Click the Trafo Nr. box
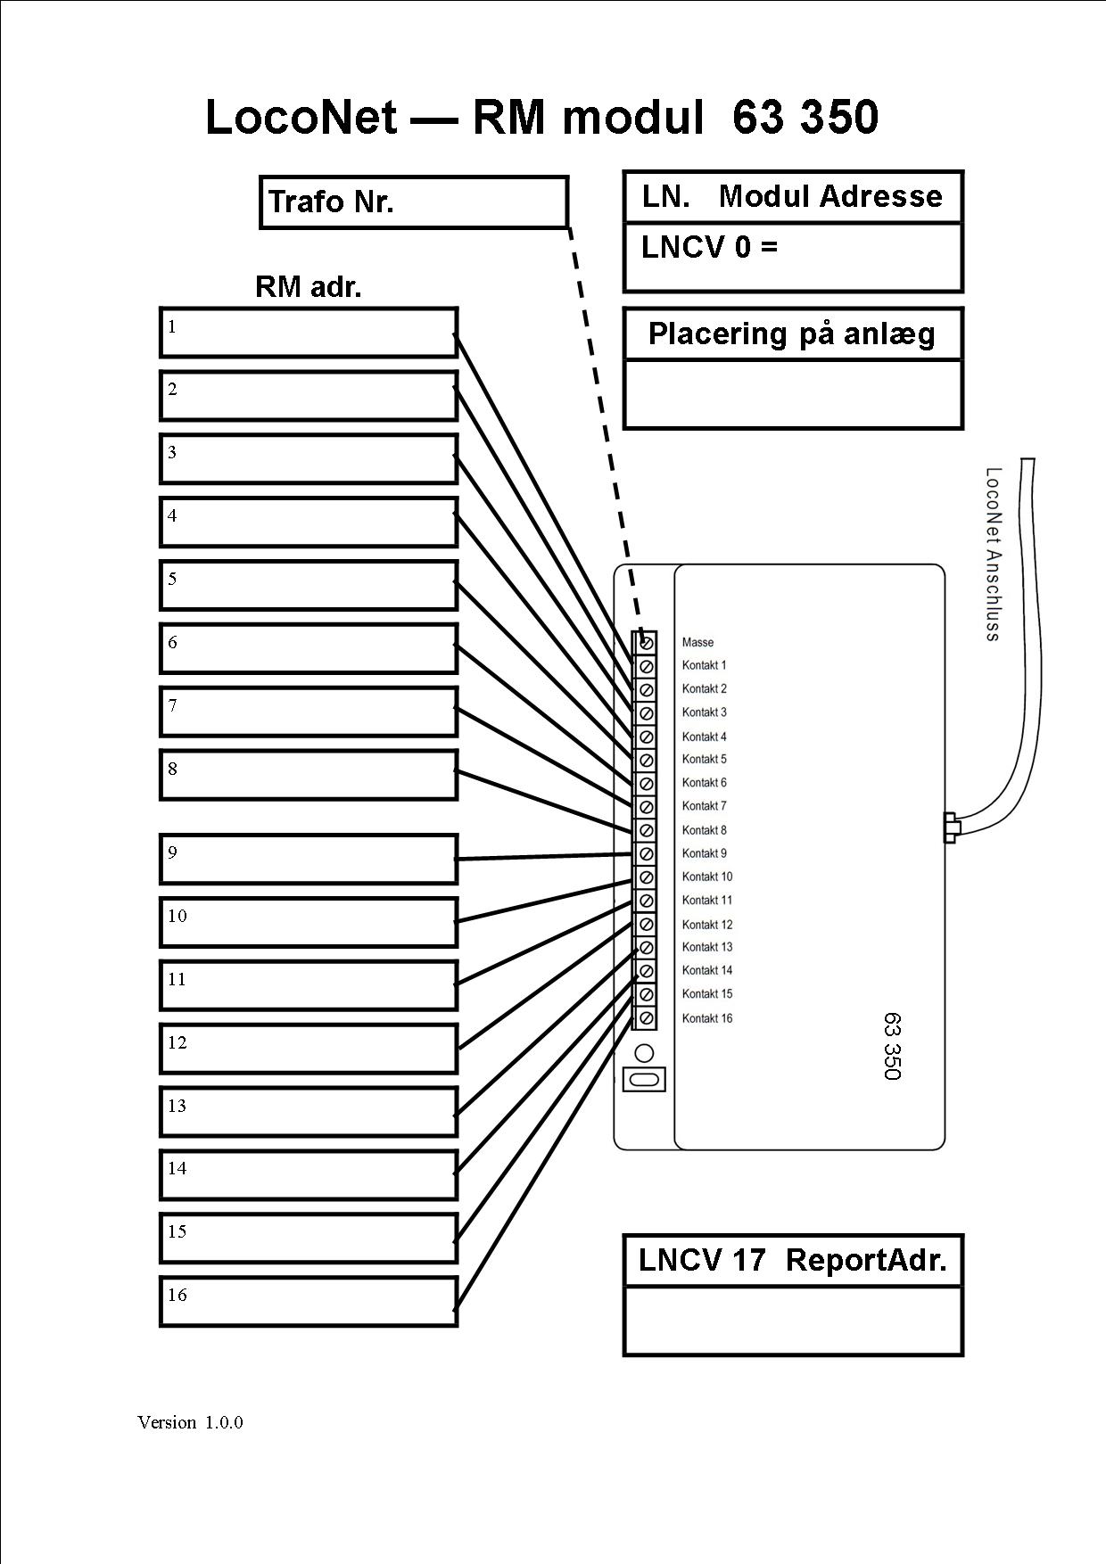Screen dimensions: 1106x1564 pyautogui.click(x=414, y=202)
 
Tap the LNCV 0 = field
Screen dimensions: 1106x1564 pyautogui.click(x=793, y=257)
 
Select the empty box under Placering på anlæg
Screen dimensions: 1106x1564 pyautogui.click(x=793, y=394)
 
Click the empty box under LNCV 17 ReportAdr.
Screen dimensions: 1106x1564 pyautogui.click(x=793, y=1321)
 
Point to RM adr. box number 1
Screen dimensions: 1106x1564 pyautogui.click(x=309, y=333)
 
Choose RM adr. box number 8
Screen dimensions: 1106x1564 pyautogui.click(x=309, y=775)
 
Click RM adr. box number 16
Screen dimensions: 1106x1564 pyautogui.click(x=309, y=1302)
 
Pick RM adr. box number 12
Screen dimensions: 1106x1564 pyautogui.click(x=309, y=1049)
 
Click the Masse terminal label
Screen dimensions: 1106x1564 pyautogui.click(x=697, y=642)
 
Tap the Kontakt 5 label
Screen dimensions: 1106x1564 pyautogui.click(x=705, y=759)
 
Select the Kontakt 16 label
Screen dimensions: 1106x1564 pyautogui.click(x=707, y=1018)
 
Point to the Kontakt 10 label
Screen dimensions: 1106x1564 pyautogui.click(x=707, y=877)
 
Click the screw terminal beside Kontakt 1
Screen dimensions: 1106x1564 pyautogui.click(x=647, y=666)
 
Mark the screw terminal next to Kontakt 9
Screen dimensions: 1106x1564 pyautogui.click(x=647, y=853)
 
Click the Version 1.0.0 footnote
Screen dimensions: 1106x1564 pyautogui.click(x=190, y=1422)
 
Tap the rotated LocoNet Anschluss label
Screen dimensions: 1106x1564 pyautogui.click(x=993, y=554)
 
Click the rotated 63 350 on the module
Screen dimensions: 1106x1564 pyautogui.click(x=892, y=1046)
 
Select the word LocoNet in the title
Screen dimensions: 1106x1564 pyautogui.click(x=301, y=117)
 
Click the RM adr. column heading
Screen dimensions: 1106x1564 pyautogui.click(x=309, y=287)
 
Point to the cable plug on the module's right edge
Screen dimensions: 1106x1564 pyautogui.click(x=951, y=827)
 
